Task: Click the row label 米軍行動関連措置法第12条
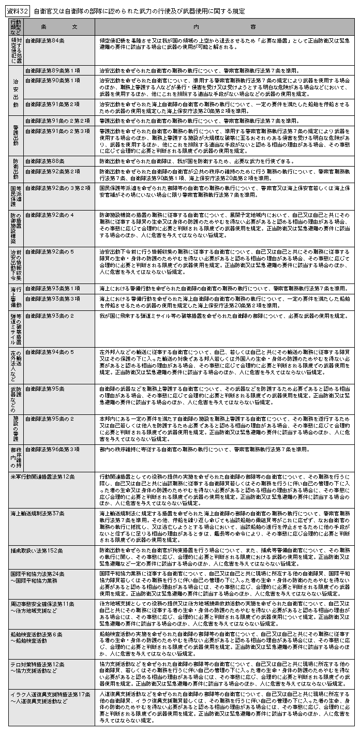[x=43, y=475]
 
